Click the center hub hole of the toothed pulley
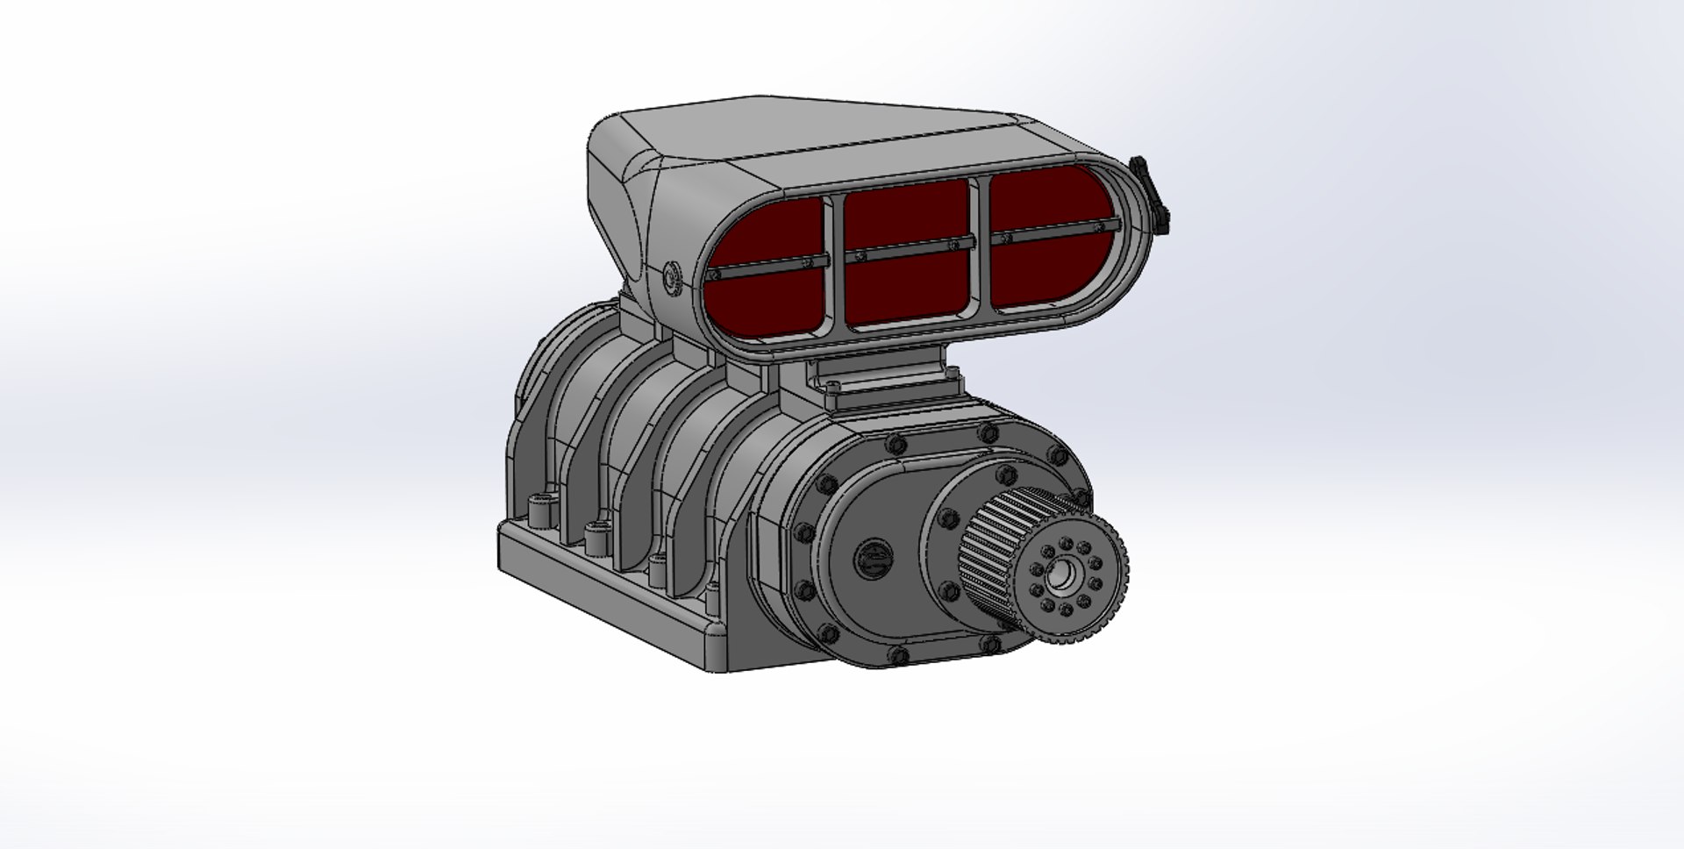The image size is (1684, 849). [x=1065, y=575]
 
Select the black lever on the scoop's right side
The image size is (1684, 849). [x=1151, y=195]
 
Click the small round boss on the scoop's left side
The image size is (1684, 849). [x=672, y=276]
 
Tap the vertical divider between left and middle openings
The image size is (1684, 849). [x=834, y=259]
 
